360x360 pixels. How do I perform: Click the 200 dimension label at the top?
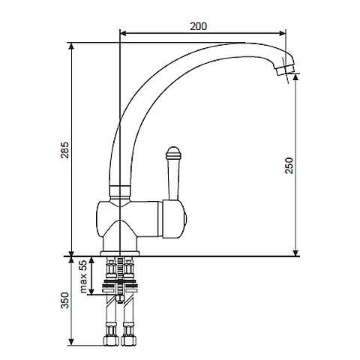click(199, 26)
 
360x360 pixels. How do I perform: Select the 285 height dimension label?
click(65, 150)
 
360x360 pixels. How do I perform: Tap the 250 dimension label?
click(289, 165)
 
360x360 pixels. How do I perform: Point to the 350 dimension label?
click(65, 300)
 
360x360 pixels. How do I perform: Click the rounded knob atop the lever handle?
click(173, 153)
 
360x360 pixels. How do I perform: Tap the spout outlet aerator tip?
click(285, 70)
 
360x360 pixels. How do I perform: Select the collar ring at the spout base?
click(120, 191)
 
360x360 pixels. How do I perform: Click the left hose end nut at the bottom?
click(111, 340)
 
